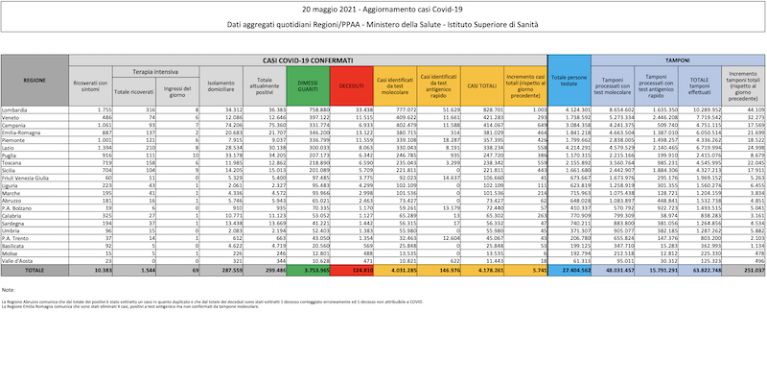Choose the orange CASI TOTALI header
coord(479,86)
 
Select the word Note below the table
coord(10,289)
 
